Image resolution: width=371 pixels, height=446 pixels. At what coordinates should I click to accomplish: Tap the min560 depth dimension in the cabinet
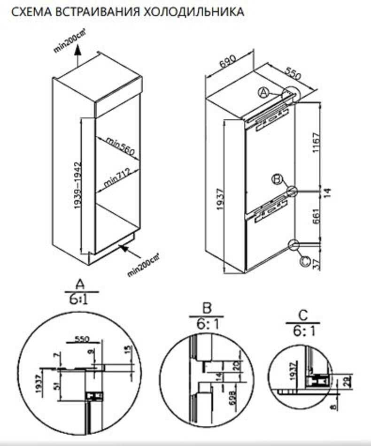coord(121,146)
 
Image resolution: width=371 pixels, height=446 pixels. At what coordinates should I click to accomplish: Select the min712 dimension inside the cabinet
coord(116,179)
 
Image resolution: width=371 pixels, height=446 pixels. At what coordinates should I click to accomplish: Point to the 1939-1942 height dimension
coord(77,186)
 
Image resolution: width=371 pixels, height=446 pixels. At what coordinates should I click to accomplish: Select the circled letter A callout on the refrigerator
coord(264,93)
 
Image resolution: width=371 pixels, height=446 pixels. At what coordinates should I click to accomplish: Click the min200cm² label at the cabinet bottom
coord(144,265)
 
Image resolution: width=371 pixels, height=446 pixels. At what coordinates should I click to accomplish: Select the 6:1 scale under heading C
coord(302,331)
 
